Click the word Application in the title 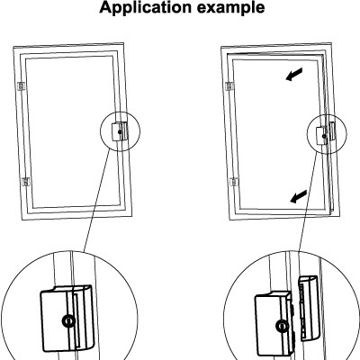click(146, 7)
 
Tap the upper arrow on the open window click(294, 75)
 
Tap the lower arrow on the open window click(299, 196)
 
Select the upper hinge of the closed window click(22, 86)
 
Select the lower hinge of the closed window click(26, 182)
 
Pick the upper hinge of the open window click(229, 86)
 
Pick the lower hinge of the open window click(234, 182)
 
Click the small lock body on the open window click(322, 135)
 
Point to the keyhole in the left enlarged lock click(69, 321)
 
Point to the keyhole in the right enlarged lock click(282, 326)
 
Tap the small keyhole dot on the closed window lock click(120, 131)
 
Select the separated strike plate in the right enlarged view click(309, 309)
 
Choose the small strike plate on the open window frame click(331, 130)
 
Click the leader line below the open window click(308, 202)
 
